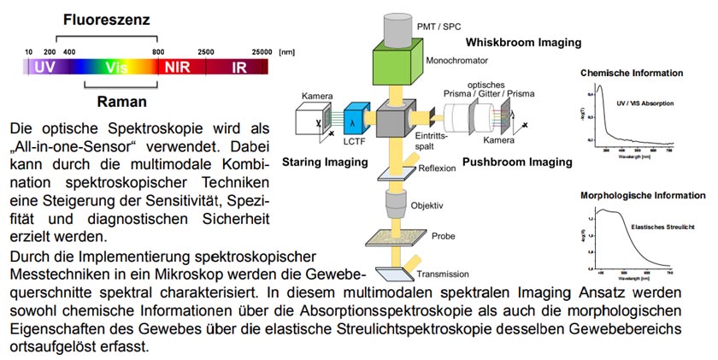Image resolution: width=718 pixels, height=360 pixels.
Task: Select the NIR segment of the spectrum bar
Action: (177, 65)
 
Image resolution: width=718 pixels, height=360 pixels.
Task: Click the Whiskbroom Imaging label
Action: (523, 42)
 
